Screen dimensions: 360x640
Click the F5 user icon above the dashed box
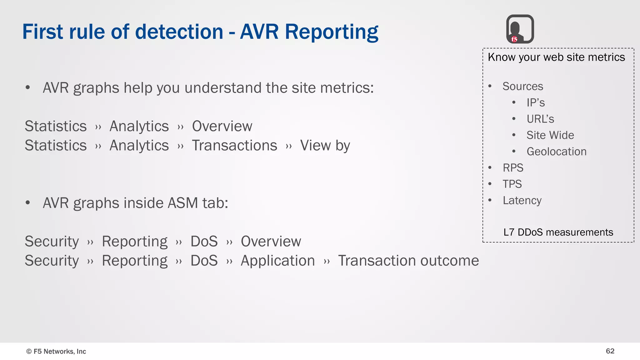click(520, 29)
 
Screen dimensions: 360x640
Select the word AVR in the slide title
click(259, 32)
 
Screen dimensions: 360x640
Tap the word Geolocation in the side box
click(556, 152)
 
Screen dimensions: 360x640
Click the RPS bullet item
click(513, 168)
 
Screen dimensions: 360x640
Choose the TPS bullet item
click(512, 184)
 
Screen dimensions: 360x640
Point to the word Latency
click(522, 200)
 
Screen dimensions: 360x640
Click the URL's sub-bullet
click(540, 119)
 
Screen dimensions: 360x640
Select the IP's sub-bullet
click(535, 103)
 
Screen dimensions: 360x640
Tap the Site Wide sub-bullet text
click(550, 135)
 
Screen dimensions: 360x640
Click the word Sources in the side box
click(522, 86)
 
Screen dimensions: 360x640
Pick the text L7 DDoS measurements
click(558, 232)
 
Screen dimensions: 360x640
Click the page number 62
click(610, 351)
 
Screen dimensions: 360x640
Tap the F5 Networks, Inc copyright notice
click(56, 351)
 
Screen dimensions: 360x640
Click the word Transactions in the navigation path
click(234, 146)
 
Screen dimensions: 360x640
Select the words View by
click(325, 146)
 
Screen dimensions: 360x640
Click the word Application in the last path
click(277, 261)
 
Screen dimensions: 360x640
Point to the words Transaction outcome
click(408, 261)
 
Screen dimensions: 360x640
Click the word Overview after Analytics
click(222, 126)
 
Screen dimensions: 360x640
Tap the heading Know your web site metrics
click(556, 57)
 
